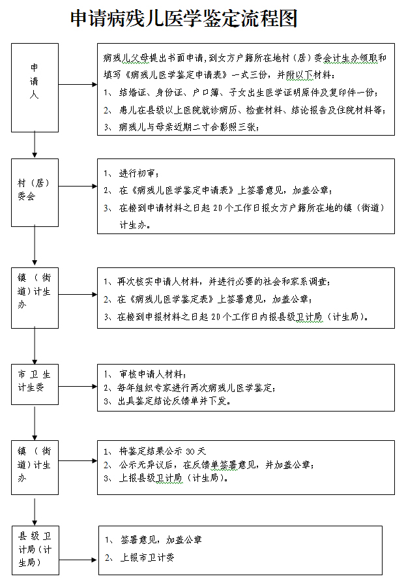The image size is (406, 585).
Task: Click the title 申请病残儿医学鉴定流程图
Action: (184, 19)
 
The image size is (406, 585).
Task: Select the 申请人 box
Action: (35, 84)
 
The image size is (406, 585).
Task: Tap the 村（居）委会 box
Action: (35, 192)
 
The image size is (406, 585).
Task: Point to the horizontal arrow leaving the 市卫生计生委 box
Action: (77, 387)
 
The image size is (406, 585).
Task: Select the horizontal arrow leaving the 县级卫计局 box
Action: (78, 560)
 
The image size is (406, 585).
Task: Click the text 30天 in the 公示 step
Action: (195, 451)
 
